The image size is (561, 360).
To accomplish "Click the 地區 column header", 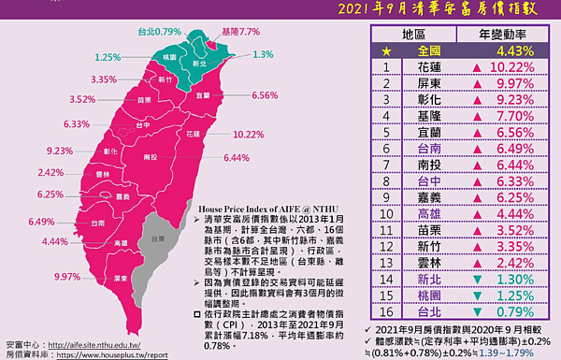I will point(414,34).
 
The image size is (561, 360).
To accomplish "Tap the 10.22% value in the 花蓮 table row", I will point(512,68).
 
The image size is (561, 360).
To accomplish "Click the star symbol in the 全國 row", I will point(358,50).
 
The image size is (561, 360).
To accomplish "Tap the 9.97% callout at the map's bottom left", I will point(67,277).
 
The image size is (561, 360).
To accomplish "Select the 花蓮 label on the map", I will point(193,135).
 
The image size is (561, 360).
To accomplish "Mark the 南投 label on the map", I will point(150,157).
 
